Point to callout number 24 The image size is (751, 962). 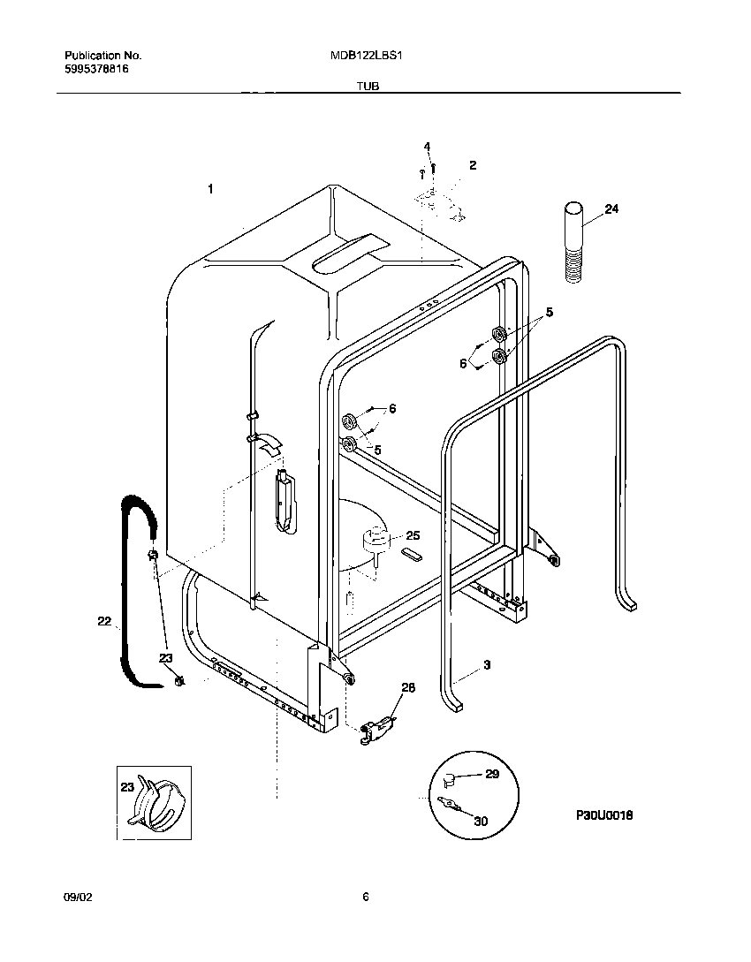click(611, 209)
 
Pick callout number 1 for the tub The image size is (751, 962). click(210, 188)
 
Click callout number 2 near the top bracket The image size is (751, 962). click(473, 165)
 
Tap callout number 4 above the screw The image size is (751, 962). click(427, 146)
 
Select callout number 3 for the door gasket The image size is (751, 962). click(486, 664)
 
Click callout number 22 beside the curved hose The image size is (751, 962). click(104, 622)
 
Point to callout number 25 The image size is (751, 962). click(412, 535)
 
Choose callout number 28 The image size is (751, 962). click(407, 687)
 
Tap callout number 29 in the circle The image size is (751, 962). click(492, 775)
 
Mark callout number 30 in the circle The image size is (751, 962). click(480, 821)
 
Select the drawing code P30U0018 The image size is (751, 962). click(605, 815)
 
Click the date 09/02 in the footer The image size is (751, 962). click(77, 897)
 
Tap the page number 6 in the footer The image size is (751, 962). click(365, 897)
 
